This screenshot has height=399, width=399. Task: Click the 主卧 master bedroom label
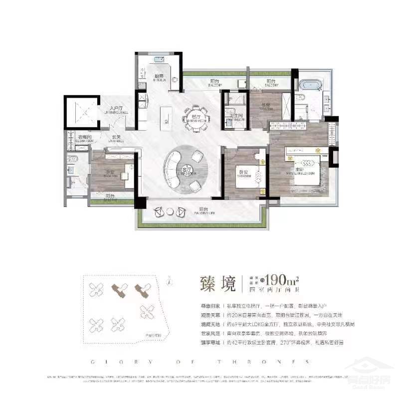tap(305, 171)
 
